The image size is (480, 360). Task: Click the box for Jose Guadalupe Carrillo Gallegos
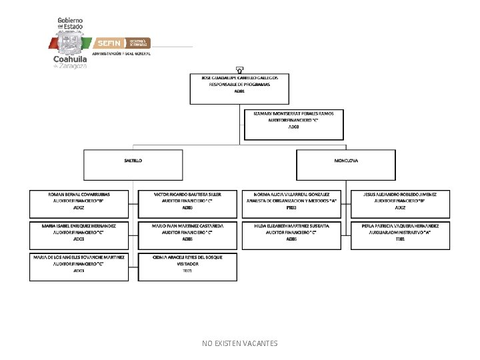pos(240,89)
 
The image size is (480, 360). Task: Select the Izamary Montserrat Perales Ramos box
pos(294,124)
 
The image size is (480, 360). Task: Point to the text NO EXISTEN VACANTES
pos(240,343)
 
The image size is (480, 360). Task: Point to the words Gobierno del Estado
pos(71,23)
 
